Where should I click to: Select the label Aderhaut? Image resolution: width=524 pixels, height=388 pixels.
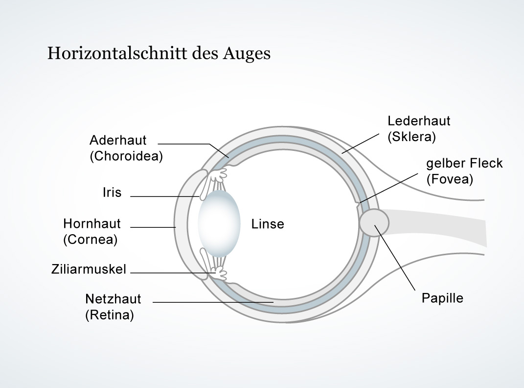click(x=118, y=140)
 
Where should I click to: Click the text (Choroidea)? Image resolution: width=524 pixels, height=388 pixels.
click(x=126, y=156)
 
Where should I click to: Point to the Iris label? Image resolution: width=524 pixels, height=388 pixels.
click(x=112, y=193)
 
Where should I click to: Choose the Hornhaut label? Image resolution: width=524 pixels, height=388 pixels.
click(x=92, y=223)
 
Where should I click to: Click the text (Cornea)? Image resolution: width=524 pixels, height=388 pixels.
click(x=90, y=240)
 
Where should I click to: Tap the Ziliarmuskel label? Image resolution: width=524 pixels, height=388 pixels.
click(x=89, y=269)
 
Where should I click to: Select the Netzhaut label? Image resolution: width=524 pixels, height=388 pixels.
click(x=114, y=299)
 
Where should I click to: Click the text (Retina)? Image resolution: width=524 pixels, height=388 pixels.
click(x=110, y=315)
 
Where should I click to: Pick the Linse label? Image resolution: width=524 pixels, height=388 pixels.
click(x=268, y=224)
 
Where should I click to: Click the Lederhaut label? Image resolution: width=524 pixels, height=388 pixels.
click(x=419, y=121)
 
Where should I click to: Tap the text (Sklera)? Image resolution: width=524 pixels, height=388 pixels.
click(x=412, y=137)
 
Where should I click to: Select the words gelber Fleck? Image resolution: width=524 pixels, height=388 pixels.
click(x=464, y=163)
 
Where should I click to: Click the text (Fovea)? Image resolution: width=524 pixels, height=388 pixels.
click(x=450, y=179)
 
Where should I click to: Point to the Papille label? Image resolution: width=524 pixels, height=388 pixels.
click(x=442, y=298)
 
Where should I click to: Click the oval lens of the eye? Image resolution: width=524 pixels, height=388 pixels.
click(x=219, y=223)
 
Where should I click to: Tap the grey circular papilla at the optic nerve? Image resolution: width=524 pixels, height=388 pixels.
click(x=374, y=223)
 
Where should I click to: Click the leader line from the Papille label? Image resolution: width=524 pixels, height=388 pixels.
click(x=395, y=258)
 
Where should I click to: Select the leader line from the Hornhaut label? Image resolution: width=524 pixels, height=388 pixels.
click(x=153, y=227)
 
